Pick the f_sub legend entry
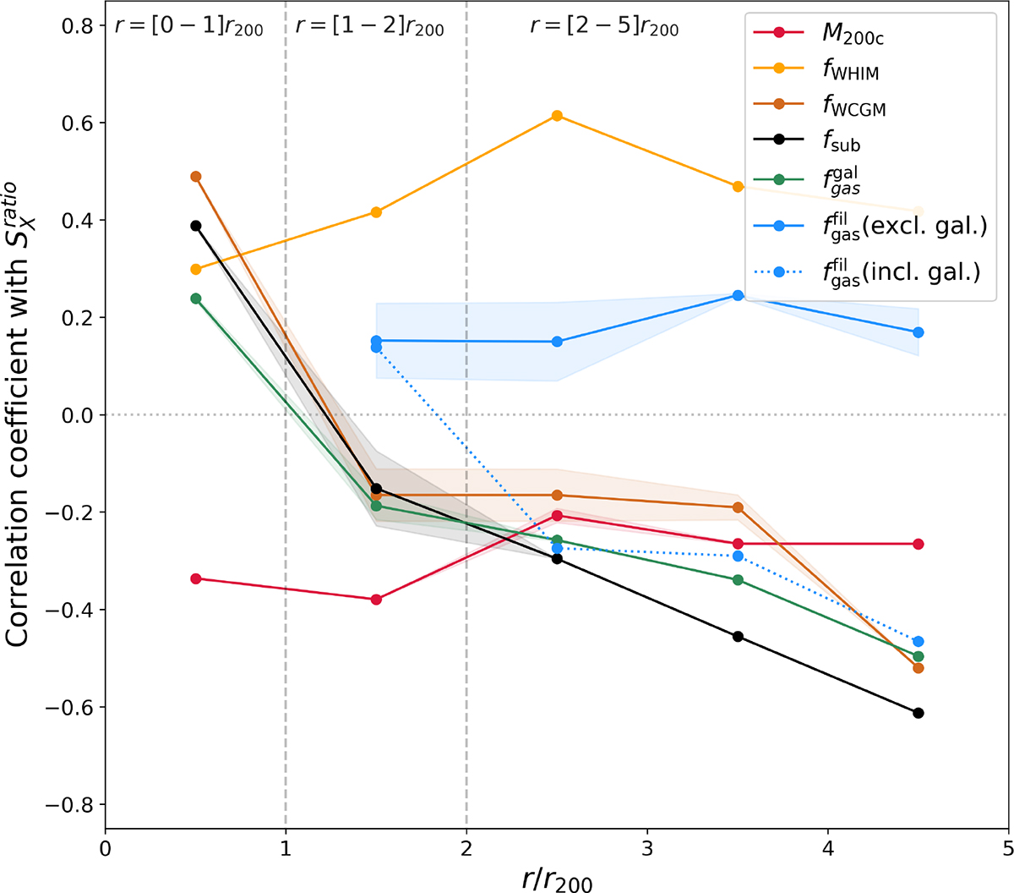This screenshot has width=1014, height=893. point(841,141)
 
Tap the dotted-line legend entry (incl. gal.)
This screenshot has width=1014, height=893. point(900,272)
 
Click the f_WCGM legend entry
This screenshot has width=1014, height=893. point(853,105)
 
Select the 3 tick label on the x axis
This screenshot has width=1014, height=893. point(647,847)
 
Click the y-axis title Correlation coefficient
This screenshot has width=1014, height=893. point(20,414)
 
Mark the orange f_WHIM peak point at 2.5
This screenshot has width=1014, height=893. point(557,116)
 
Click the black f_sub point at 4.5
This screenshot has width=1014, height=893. point(919,713)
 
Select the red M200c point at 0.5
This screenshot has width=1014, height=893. point(196,578)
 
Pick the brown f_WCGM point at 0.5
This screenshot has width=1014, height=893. point(196,177)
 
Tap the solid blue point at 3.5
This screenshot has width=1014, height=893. point(738,295)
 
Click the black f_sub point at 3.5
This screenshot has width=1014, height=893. point(738,636)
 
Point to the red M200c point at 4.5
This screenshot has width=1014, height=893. point(919,544)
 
